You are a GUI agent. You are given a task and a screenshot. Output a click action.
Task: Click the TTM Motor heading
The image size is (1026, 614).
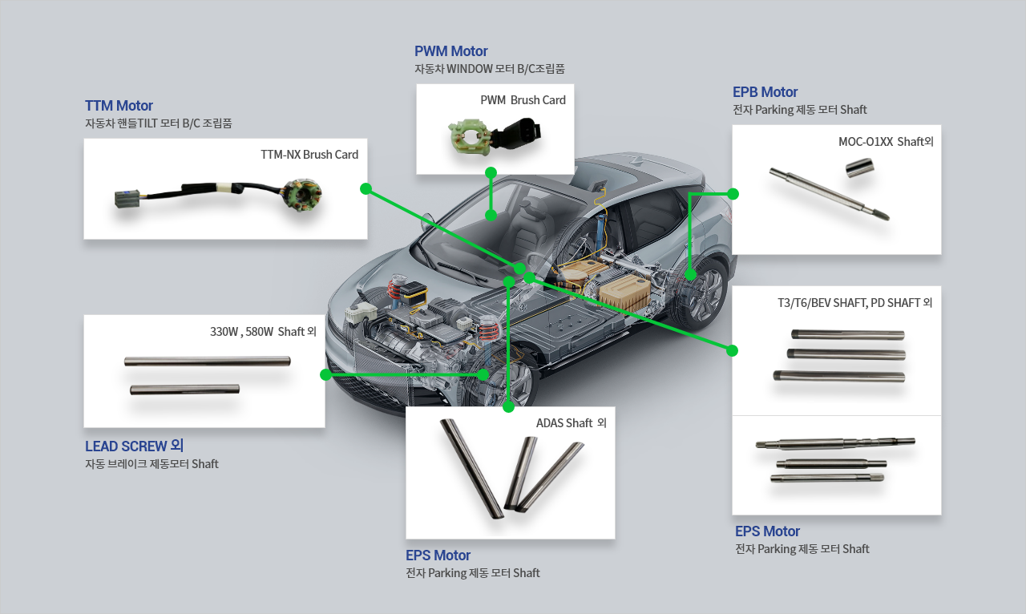click(119, 106)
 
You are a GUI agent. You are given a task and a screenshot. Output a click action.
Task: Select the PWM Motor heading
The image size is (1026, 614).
click(450, 51)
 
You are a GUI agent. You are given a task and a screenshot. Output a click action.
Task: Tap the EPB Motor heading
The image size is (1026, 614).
click(765, 91)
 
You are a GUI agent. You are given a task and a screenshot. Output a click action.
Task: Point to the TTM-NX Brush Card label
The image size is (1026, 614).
click(309, 154)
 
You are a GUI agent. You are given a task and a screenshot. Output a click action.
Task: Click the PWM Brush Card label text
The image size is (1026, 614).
click(523, 100)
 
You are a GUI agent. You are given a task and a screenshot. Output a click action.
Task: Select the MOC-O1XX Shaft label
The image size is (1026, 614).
click(886, 142)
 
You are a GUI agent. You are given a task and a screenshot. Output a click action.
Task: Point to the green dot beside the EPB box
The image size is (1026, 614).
click(733, 193)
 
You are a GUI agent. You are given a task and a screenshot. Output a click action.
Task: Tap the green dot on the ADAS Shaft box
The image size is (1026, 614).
click(507, 407)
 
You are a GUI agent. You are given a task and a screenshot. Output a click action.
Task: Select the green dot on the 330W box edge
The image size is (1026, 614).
click(325, 374)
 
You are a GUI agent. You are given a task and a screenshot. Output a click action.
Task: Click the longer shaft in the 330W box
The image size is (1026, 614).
click(207, 361)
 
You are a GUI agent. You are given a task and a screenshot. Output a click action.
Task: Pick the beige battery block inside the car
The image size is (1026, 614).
click(623, 293)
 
